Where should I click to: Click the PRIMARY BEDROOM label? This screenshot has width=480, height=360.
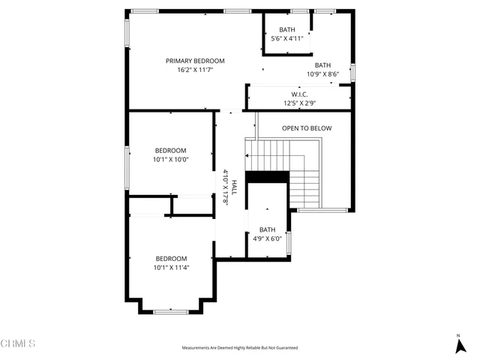[x=195, y=61]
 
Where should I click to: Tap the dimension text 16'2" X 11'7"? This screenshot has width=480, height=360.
[x=195, y=69]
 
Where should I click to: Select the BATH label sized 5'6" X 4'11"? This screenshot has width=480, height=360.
[x=287, y=30]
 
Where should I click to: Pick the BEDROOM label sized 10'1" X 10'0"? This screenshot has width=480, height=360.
[x=170, y=150]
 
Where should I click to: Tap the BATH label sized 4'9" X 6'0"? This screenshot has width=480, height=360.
[x=267, y=230]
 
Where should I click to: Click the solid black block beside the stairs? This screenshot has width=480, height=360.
[x=267, y=177]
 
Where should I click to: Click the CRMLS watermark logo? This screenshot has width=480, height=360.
[x=19, y=343]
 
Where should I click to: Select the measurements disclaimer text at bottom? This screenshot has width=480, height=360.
[x=239, y=348]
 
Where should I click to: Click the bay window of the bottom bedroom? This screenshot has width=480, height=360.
[x=170, y=310]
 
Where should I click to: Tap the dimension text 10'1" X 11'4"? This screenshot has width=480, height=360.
[x=170, y=267]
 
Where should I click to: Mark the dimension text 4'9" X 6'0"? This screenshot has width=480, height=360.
[x=267, y=238]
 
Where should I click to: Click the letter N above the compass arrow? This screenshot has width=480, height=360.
[x=458, y=335]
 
